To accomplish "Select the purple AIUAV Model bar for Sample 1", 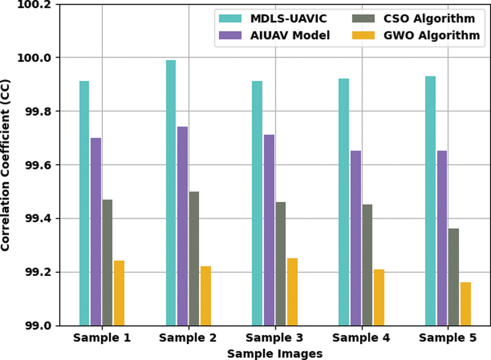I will click(96, 231).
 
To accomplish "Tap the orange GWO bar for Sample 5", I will click(466, 304).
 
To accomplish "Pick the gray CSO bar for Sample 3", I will click(280, 263).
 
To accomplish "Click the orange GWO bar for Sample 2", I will click(206, 296).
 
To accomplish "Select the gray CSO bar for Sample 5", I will click(454, 277).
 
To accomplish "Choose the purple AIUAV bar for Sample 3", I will click(269, 230).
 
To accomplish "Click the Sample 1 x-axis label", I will click(102, 338).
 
